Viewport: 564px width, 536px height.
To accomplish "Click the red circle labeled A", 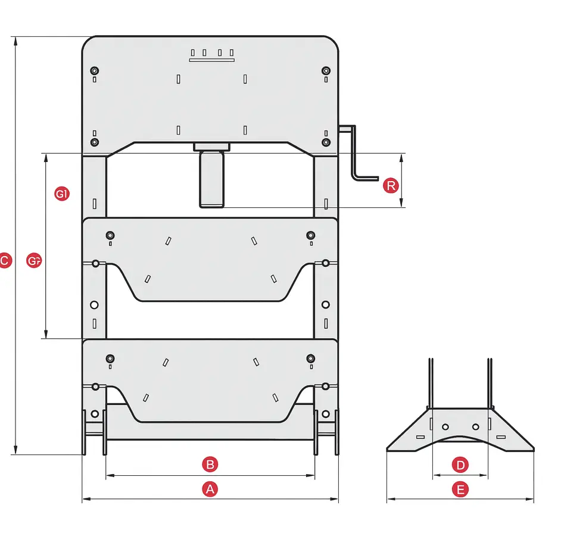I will point(209,490).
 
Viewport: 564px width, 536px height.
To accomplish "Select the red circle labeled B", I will point(209,464).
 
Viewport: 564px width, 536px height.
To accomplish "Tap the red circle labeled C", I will point(4,260).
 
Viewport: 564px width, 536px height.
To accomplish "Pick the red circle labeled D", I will point(460,465).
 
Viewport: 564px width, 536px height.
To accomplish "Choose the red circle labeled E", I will point(460,490).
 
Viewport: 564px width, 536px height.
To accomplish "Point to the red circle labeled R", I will point(391,186).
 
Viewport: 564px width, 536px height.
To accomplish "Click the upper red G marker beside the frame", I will point(62,194).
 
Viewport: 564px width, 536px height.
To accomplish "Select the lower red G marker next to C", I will point(35,260).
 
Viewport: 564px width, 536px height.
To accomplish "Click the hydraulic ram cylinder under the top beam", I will point(211,179).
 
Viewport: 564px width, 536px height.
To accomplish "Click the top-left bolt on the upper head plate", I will point(94,71).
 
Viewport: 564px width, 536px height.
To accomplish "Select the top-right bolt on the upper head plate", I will point(325,71).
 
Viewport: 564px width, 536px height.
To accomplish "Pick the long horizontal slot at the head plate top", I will point(212,60).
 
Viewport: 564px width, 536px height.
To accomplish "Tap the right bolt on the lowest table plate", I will point(310,358).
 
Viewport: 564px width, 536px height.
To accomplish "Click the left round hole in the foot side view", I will point(445,426).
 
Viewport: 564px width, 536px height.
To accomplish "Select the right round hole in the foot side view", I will point(475,426).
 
